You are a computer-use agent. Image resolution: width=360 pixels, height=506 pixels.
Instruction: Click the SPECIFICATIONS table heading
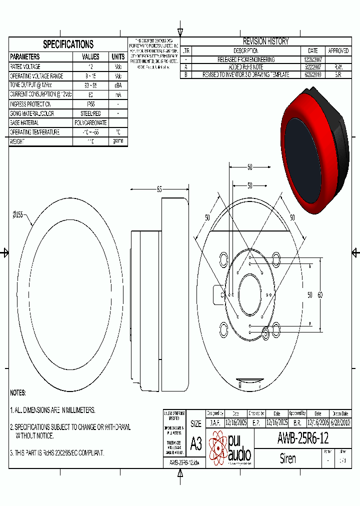pos(68,44)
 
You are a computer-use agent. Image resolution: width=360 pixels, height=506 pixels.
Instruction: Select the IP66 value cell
pos(90,104)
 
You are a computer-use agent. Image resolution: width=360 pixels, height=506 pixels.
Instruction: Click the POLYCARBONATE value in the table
pos(90,122)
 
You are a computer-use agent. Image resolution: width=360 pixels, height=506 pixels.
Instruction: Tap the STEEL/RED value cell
pos(90,113)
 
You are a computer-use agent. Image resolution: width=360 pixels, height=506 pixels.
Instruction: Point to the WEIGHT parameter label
pos(18,141)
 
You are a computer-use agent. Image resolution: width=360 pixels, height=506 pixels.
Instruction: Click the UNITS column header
pos(118,57)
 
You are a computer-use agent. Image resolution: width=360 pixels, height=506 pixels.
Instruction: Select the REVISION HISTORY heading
pos(265,41)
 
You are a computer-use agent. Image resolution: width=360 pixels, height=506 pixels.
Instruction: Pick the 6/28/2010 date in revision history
pos(313,74)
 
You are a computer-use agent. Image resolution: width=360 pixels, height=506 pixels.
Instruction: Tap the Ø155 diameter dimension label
pos(18,214)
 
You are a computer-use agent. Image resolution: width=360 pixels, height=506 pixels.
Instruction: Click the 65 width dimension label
pos(159,189)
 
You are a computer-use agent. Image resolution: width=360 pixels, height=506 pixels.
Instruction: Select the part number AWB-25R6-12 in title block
pos(302,438)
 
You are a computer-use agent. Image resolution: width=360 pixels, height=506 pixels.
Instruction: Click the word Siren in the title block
pos(287,458)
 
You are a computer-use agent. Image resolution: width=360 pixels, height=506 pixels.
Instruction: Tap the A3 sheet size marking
pos(196,443)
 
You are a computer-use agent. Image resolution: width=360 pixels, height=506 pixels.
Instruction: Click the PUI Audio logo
pos(229,447)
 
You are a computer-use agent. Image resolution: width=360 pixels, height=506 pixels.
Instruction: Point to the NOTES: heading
pos(18,393)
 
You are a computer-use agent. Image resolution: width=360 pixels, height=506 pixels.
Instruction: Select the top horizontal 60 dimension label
pos(249,167)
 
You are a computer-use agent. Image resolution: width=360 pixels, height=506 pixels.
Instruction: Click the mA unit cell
pos(118,94)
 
